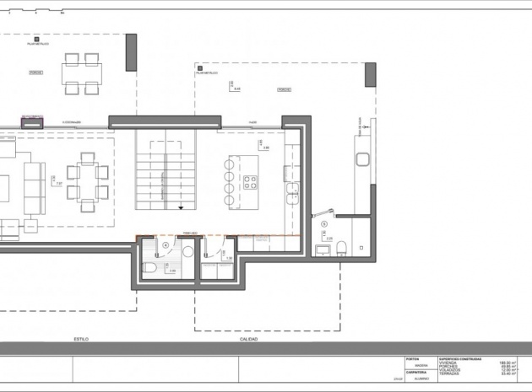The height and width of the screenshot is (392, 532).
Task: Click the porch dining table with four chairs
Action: coord(82,72)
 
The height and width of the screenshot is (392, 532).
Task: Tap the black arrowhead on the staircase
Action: coord(180,207)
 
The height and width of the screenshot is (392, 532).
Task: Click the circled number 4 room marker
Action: coord(166,246)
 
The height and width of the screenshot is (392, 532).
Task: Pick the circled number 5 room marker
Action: coord(323,223)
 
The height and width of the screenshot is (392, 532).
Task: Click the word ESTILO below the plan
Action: coord(81,339)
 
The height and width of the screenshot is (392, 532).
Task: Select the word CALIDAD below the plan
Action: coord(249,339)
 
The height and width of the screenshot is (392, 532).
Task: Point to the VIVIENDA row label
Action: coord(448,362)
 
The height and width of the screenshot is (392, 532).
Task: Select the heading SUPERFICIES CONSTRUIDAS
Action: coord(460,358)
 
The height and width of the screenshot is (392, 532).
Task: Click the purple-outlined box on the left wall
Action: coord(32,121)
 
